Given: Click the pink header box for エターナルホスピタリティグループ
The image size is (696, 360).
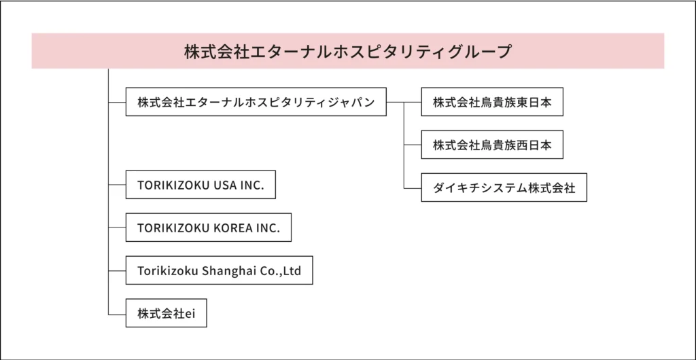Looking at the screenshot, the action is click(x=347, y=50).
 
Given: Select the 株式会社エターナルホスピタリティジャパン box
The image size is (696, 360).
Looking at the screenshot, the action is click(x=256, y=102).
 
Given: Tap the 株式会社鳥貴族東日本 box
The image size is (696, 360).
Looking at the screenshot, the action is click(x=492, y=102).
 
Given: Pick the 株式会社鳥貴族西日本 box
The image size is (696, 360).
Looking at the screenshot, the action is click(x=492, y=145).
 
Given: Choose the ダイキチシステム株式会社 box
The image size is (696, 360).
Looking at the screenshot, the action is click(x=504, y=187).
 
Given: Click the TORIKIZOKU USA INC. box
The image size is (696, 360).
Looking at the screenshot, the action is click(x=201, y=185).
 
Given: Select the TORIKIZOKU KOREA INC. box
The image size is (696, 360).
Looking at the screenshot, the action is click(x=209, y=228).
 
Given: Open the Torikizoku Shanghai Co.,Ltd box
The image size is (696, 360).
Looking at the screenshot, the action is click(x=220, y=270).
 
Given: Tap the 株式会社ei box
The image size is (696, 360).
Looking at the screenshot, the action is click(x=167, y=313).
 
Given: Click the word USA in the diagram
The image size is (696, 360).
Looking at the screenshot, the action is click(x=226, y=185).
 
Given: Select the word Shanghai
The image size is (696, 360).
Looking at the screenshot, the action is click(x=224, y=271).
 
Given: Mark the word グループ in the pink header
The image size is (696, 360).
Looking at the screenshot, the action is click(x=487, y=51).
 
